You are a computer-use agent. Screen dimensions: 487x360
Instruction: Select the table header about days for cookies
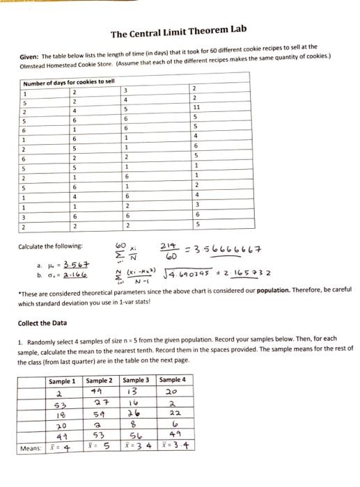(60, 82)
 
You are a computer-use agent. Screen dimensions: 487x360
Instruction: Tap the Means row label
(31, 447)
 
